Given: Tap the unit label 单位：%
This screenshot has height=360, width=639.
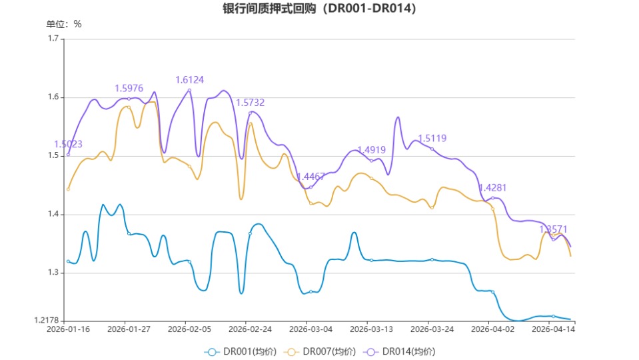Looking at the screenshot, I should tap(64, 24).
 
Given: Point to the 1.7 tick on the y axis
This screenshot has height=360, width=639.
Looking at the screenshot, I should tap(54, 39).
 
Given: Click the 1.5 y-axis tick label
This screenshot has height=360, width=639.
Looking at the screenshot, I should tap(54, 156).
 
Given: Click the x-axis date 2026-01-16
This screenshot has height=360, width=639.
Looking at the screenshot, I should tap(68, 329).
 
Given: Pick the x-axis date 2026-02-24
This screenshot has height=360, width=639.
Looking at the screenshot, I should tap(250, 329).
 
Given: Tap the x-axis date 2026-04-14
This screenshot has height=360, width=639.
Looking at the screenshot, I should tap(553, 329).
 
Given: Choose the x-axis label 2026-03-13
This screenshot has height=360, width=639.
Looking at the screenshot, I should tap(371, 329).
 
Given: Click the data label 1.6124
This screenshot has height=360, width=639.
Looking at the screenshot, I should tap(189, 80).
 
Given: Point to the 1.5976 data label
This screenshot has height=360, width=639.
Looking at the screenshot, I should tap(129, 88).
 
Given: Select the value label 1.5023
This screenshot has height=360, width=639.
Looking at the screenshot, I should tap(68, 144).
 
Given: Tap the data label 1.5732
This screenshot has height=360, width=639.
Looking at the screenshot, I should tap(250, 103).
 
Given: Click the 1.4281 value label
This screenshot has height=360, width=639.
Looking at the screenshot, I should tap(492, 188).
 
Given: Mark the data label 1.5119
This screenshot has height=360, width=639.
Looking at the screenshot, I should tap(432, 139).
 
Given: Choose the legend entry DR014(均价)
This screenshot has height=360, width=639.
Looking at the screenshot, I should tap(399, 351).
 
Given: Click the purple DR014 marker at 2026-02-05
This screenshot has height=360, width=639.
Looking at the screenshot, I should tap(189, 90).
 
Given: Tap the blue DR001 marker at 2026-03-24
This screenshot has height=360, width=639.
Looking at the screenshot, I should tap(432, 259).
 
